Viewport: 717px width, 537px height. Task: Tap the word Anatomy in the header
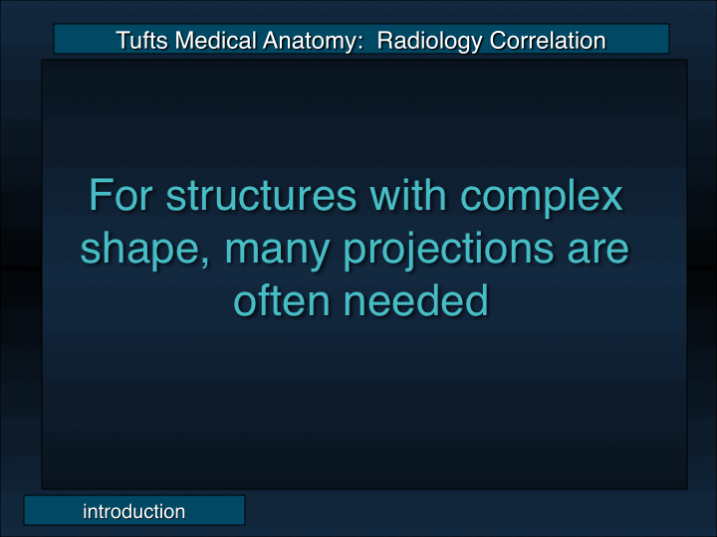click(308, 41)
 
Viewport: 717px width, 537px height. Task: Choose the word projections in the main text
click(450, 250)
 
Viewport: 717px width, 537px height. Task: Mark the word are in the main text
click(599, 250)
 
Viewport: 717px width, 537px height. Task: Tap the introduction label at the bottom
click(133, 511)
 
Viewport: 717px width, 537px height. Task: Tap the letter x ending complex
click(610, 197)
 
